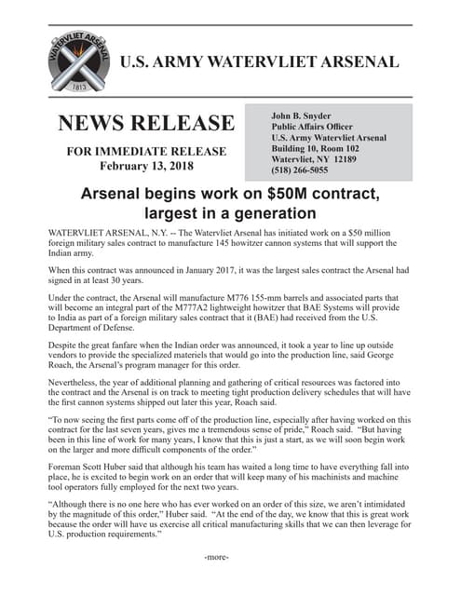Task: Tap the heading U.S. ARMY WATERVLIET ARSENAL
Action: click(260, 63)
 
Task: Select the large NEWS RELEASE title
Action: click(146, 124)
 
